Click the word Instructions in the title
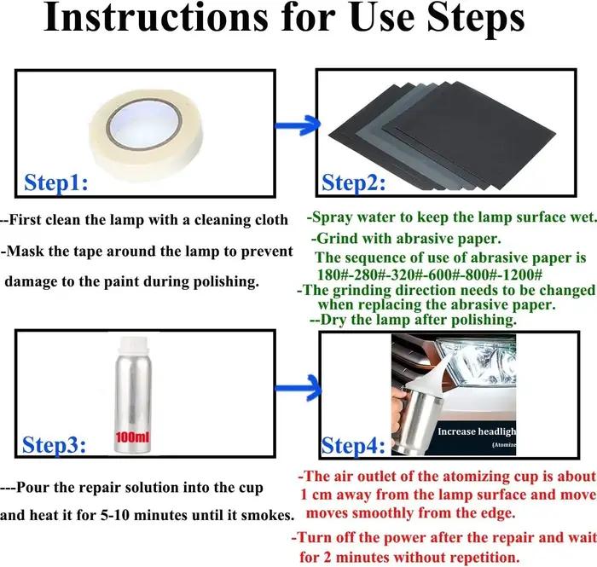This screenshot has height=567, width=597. [x=156, y=18]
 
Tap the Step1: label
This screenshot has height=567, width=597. [x=56, y=182]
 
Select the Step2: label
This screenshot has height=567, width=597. [x=353, y=182]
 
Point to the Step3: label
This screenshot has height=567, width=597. [x=54, y=444]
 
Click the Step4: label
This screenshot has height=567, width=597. [x=353, y=445]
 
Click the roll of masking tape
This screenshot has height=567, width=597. [x=146, y=134]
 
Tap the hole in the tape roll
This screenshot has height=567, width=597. [x=145, y=124]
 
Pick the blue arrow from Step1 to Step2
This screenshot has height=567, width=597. [x=298, y=125]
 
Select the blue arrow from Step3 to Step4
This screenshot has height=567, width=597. [x=298, y=388]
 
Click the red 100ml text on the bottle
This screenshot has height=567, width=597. [x=132, y=437]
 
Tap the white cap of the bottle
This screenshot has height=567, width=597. [x=134, y=348]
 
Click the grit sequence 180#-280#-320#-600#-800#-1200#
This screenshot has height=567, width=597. [x=430, y=275]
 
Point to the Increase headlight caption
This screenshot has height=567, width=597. [x=477, y=431]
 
